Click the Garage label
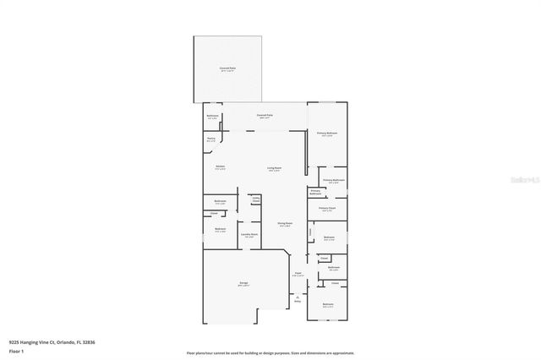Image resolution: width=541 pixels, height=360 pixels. click(x=243, y=285)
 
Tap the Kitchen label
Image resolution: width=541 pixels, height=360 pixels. click(x=220, y=166)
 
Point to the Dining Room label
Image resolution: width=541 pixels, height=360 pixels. click(x=285, y=223)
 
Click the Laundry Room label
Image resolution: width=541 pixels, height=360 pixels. click(x=249, y=235)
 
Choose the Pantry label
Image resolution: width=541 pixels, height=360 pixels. click(x=210, y=139)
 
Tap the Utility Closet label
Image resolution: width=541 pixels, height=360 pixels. click(x=254, y=199)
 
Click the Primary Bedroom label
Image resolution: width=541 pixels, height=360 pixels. click(x=327, y=134)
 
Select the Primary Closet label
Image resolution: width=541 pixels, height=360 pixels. click(x=326, y=208)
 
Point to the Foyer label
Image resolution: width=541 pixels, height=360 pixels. click(x=297, y=274)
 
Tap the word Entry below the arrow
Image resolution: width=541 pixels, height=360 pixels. click(x=297, y=301)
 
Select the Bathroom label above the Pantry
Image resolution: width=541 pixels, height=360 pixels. click(x=213, y=117)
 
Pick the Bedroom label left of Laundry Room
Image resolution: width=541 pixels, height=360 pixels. click(x=220, y=230)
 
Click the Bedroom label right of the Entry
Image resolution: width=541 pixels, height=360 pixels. click(x=328, y=304)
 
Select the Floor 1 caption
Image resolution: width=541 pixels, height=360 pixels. click(x=16, y=350)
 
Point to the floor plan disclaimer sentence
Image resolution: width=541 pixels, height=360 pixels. click(x=270, y=352)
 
